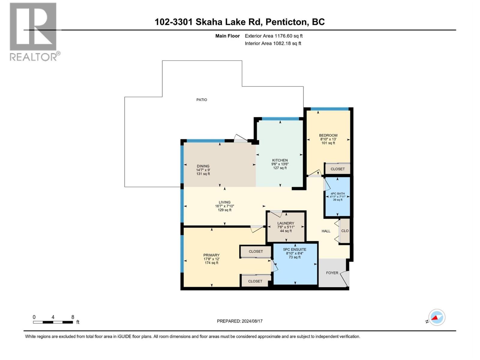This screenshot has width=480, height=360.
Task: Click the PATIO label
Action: pos(202,100)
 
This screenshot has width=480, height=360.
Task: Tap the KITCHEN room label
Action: pos(280,160)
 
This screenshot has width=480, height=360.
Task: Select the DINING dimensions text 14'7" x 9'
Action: pos(203,170)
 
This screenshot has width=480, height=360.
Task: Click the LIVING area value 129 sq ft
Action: pos(224,210)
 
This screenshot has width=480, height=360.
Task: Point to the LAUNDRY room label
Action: pos(286,223)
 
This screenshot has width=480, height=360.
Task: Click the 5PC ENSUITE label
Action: pos(295,249)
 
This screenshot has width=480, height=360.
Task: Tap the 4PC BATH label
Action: pos(337,193)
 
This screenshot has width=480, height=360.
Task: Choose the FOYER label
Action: pos(332,273)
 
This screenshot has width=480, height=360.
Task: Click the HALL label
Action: pos(326,231)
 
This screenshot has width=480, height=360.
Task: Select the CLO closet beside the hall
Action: pos(345,231)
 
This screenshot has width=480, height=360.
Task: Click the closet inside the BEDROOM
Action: pos(337,169)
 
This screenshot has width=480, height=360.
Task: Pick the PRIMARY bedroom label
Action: pos(211,255)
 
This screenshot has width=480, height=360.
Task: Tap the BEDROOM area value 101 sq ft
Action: pos(328,143)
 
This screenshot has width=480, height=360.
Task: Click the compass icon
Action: pos(437,317)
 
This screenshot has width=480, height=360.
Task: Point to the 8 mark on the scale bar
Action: pos(73,317)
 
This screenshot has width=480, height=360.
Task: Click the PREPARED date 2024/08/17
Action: pos(251,321)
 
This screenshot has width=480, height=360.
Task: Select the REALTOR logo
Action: pos(34,31)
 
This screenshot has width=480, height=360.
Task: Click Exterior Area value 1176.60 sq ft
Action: pos(288,36)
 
